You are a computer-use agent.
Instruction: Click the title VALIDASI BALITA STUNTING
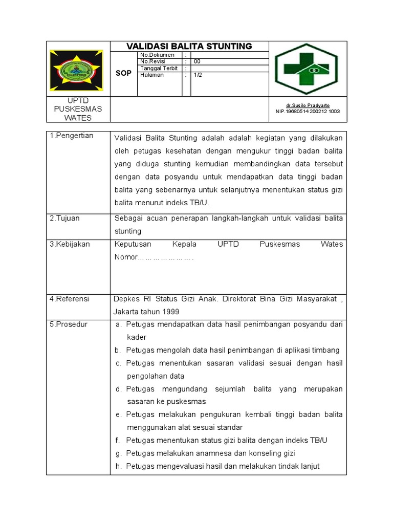point(189,47)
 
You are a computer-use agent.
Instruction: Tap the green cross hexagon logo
point(307,69)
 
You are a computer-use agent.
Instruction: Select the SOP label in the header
point(123,73)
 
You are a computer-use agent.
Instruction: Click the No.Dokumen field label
point(157,55)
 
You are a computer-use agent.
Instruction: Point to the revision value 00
point(197,61)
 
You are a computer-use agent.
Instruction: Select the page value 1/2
point(198,75)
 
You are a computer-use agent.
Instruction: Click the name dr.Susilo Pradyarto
point(307,105)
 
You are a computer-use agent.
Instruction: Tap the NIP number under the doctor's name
point(308,111)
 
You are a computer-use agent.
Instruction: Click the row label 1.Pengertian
point(71,136)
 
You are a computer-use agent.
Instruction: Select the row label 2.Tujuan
point(64,218)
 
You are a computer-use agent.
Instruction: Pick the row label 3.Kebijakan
point(70,244)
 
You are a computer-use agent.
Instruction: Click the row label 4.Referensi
point(69,299)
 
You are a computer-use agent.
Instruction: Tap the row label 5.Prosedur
point(68,324)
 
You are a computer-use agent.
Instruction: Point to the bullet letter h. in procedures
point(118,466)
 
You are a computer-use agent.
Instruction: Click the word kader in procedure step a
point(137,337)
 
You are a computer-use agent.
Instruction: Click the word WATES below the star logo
point(78,118)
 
